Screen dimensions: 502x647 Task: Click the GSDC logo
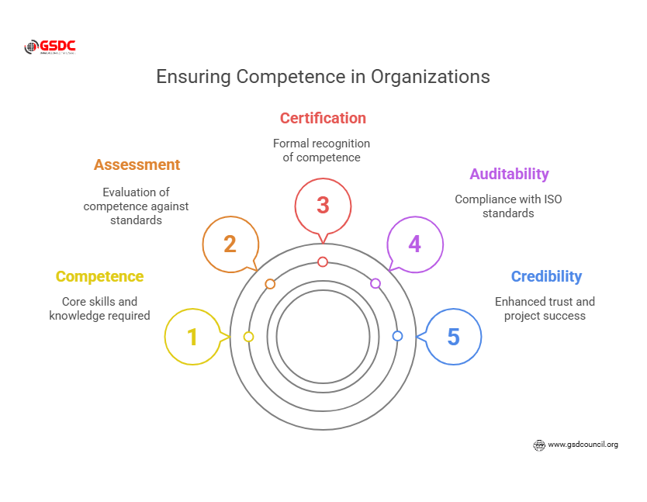pos(50,47)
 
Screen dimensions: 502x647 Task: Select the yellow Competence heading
pos(99,276)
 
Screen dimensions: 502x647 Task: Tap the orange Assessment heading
pos(137,164)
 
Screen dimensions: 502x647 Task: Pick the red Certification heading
pos(323,118)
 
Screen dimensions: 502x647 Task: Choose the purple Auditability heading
pos(509,174)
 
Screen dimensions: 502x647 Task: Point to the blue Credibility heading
pos(546,276)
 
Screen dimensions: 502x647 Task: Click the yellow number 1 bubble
pos(192,337)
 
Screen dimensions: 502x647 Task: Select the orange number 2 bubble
pos(230,244)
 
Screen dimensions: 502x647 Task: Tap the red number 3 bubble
pos(323,206)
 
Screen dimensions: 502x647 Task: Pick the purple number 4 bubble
pos(415,244)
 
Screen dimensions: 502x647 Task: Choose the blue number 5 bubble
pos(454,337)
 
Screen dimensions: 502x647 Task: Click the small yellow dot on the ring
pos(248,337)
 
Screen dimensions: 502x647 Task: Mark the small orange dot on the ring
pos(270,284)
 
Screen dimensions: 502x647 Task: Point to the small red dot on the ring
pos(323,261)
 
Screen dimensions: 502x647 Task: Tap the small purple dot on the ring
pos(375,283)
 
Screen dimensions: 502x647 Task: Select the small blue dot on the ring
pos(397,336)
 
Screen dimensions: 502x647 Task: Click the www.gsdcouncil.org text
pos(583,445)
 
